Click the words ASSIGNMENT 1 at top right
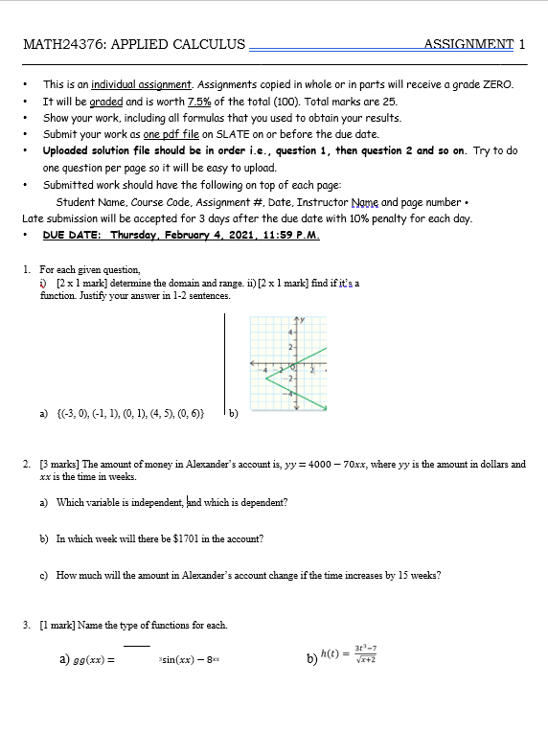point(475,44)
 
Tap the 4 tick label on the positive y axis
point(290,331)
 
